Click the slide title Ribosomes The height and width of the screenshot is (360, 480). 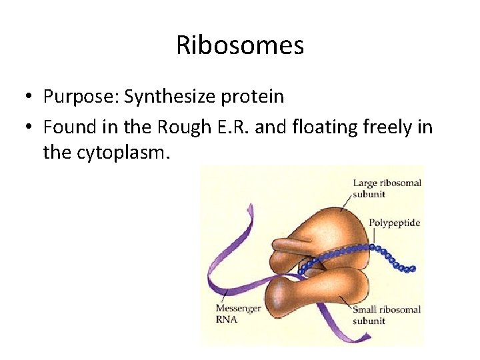click(x=240, y=45)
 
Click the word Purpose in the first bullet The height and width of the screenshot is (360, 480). click(x=74, y=97)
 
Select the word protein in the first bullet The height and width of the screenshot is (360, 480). click(x=251, y=97)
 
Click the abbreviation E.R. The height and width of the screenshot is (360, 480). click(x=233, y=127)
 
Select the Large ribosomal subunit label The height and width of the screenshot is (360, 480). click(x=387, y=189)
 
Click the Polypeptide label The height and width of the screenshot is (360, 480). click(x=395, y=222)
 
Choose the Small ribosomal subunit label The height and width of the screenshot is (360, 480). click(x=387, y=315)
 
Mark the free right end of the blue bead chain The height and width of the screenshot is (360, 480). click(x=413, y=269)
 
